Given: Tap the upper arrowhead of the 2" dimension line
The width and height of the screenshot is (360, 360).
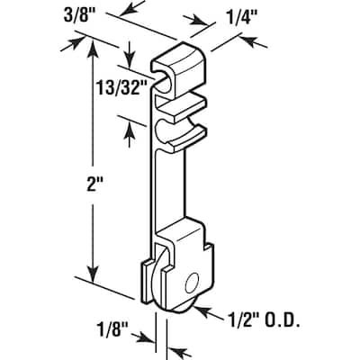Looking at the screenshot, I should point(91,46).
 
